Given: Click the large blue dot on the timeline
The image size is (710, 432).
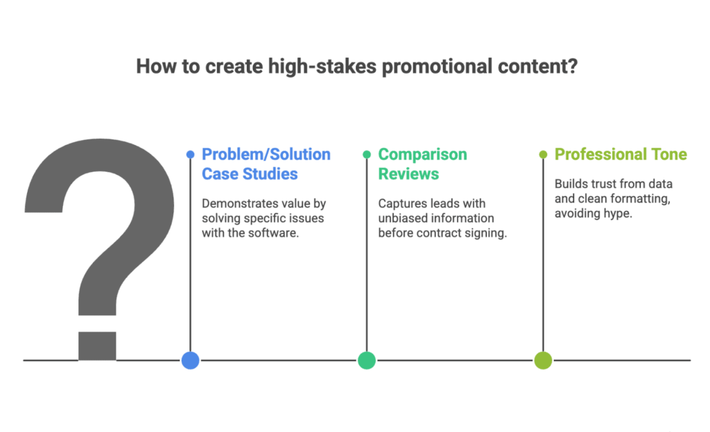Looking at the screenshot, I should [x=190, y=360].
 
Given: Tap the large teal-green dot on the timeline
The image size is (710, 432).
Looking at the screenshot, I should [x=367, y=360].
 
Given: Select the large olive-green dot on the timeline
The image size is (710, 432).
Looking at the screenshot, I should [x=543, y=360].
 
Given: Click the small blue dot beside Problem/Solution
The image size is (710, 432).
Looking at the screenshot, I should [x=190, y=155].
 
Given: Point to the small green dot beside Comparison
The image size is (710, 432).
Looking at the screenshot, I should [x=367, y=155].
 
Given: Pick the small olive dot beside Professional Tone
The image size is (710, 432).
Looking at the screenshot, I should [x=543, y=155].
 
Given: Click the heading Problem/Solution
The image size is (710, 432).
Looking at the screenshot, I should [x=266, y=155].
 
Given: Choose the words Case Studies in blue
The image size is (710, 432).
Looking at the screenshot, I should [x=250, y=173].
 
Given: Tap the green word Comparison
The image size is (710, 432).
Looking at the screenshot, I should [x=422, y=155].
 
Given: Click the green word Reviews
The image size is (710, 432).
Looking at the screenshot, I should [x=408, y=173].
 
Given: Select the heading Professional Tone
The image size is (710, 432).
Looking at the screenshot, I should [x=621, y=155].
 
